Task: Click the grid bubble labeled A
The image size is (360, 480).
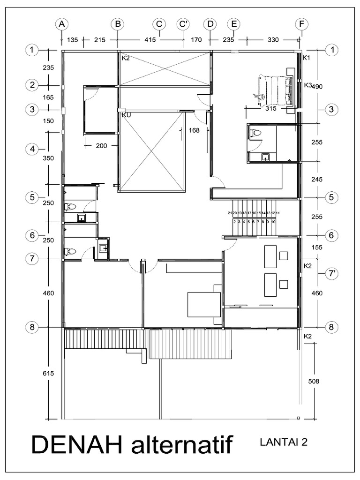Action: [x=62, y=24]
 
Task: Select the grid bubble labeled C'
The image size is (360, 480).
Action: [x=183, y=24]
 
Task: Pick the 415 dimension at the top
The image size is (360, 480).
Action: [x=150, y=40]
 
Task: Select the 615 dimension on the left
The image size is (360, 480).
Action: [x=48, y=374]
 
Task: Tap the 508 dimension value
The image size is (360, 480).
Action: [x=313, y=381]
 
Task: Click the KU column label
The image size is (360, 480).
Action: [x=126, y=114]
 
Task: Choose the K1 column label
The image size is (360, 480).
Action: [x=307, y=58]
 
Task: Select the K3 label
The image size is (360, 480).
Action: [x=307, y=85]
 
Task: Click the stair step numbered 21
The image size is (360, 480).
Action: [x=230, y=213]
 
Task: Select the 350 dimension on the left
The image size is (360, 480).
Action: [x=49, y=158]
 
